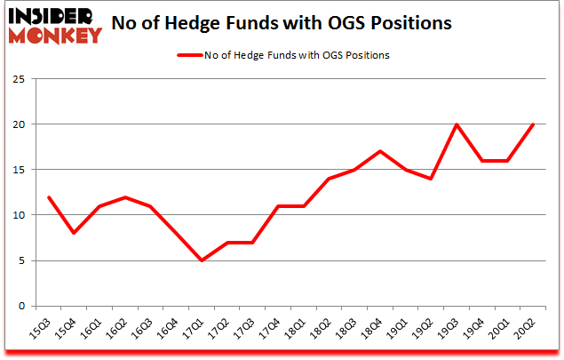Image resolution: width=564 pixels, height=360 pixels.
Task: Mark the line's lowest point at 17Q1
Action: coord(202,260)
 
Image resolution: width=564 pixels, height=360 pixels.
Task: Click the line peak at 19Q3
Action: coord(457,124)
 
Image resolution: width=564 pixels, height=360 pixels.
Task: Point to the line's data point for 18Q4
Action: coord(380,151)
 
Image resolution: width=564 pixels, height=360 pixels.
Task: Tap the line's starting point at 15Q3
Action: coord(50,196)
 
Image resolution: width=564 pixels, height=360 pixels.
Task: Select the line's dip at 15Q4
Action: coord(75,233)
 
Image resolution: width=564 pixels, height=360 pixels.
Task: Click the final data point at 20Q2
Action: coord(533,124)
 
